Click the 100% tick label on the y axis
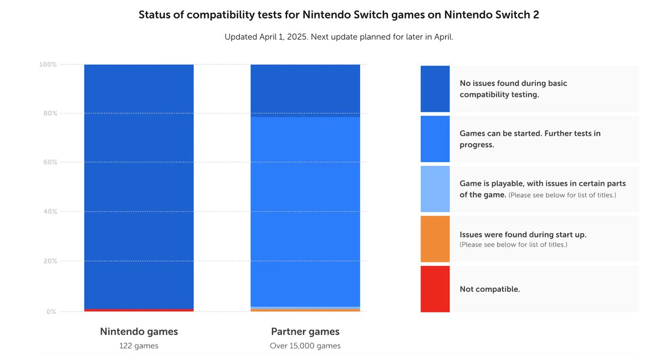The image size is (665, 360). [48, 65]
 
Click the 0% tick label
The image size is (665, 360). [51, 312]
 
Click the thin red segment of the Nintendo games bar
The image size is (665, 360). [139, 310]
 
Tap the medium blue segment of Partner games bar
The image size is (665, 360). [305, 210]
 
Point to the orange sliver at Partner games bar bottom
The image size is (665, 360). [305, 310]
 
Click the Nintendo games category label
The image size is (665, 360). [139, 332]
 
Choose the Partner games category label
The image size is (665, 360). [305, 332]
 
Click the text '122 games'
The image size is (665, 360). [139, 346]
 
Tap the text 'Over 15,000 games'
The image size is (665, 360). [305, 346]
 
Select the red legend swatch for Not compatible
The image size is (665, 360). [435, 289]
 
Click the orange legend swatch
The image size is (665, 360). [435, 239]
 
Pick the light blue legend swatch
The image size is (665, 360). [435, 189]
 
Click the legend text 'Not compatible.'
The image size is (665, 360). [490, 289]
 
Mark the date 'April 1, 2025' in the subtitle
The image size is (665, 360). [284, 37]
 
